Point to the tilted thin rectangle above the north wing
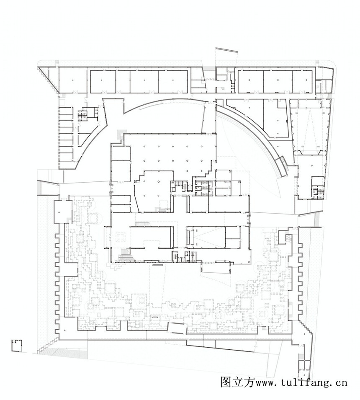tap(226, 50)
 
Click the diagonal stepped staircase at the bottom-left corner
tap(49, 345)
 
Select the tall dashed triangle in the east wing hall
tap(309, 128)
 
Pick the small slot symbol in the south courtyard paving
tap(155, 317)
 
